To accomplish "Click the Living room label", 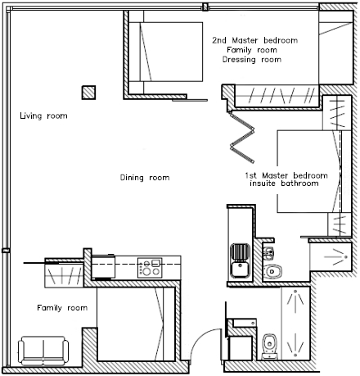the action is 43,116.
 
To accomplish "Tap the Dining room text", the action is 145,178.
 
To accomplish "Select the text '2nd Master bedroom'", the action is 255,40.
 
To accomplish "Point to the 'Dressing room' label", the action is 252,60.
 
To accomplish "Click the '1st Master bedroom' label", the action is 286,175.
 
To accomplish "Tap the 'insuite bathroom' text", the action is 284,183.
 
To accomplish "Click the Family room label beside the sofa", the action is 62,308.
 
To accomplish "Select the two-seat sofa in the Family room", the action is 43,351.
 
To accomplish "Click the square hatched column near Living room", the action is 88,93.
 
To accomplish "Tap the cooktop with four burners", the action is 150,268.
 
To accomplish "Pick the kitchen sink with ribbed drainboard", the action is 241,260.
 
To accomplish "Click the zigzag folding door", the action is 242,137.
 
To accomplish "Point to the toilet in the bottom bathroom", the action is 269,346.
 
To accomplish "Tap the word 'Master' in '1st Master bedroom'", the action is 275,175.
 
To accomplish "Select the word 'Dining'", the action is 132,178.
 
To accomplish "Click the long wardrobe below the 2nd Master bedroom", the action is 277,96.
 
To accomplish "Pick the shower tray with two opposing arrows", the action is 295,324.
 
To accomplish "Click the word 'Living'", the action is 31,116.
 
